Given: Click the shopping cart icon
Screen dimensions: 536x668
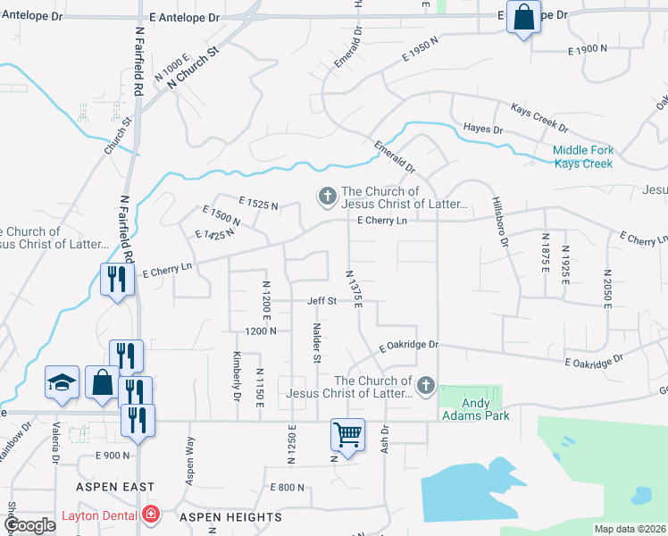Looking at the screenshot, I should pyautogui.click(x=347, y=435).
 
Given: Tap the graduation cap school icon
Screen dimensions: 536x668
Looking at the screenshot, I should pyautogui.click(x=62, y=382).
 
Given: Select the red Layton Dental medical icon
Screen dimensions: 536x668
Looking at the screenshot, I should pyautogui.click(x=152, y=515).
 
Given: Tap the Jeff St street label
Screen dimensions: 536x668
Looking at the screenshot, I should pyautogui.click(x=322, y=301).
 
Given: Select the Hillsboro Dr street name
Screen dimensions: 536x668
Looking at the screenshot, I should pyautogui.click(x=501, y=222).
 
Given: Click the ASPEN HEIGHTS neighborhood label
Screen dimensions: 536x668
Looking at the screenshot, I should pyautogui.click(x=230, y=517).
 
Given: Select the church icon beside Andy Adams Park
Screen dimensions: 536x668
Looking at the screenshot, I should pyautogui.click(x=426, y=386).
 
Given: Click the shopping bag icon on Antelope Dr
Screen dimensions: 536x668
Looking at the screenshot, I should pyautogui.click(x=523, y=16).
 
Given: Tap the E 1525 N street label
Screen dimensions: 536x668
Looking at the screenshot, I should pyautogui.click(x=258, y=204).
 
